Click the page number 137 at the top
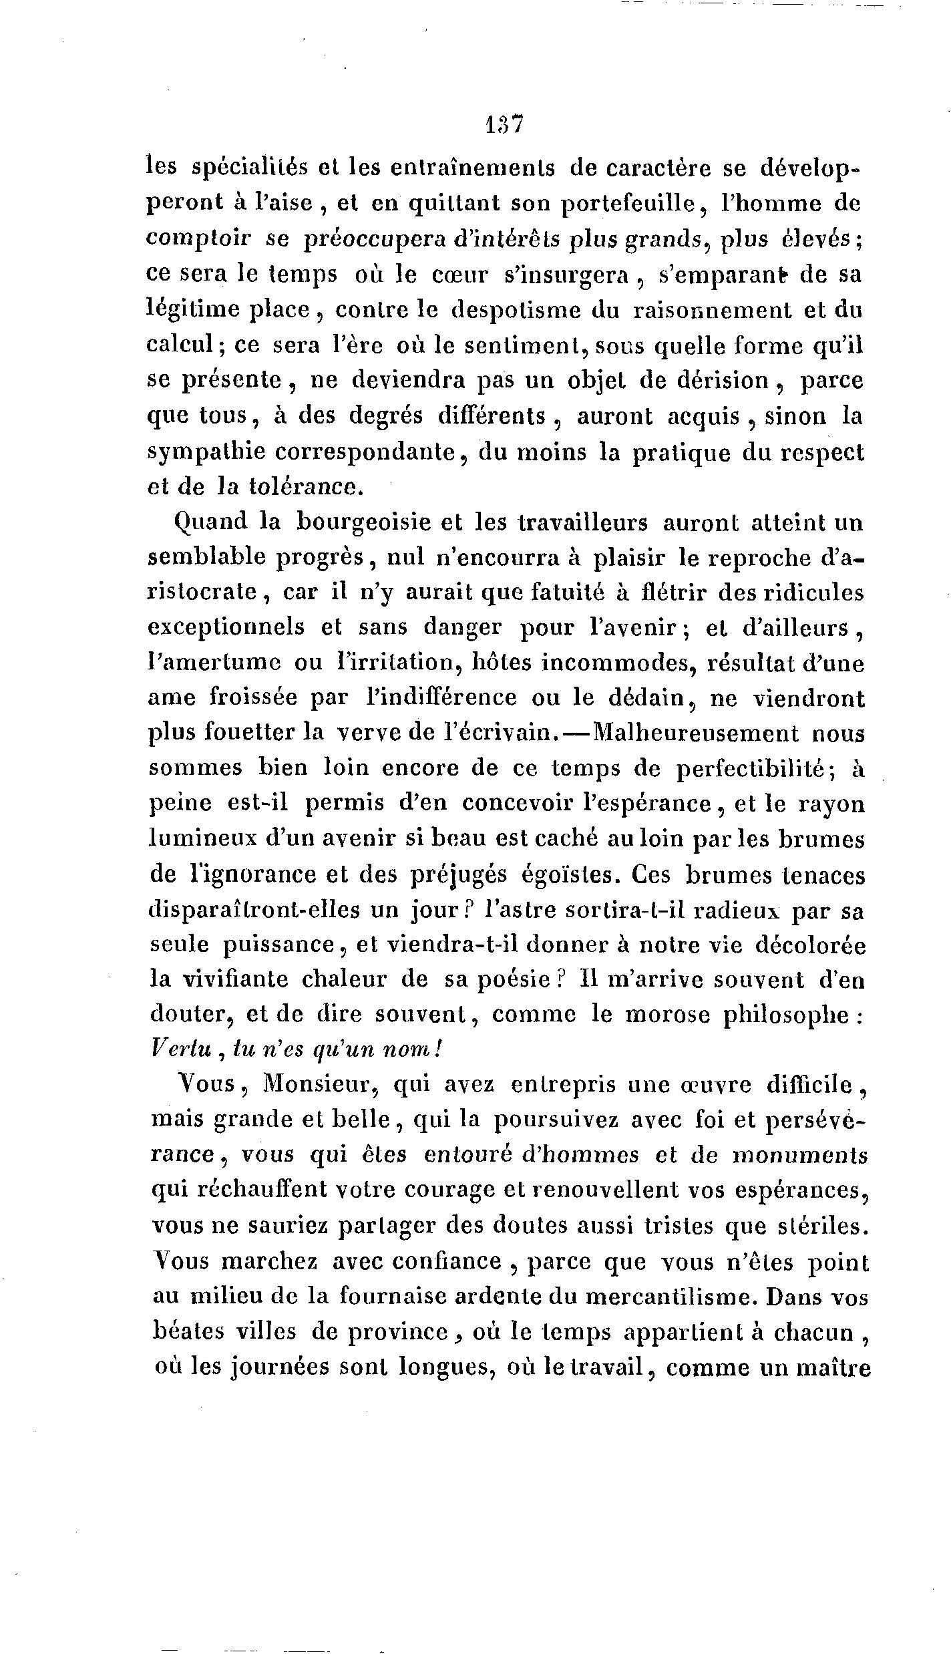tap(504, 125)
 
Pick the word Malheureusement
tap(695, 733)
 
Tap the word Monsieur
tap(317, 1086)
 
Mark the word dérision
tap(711, 381)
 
